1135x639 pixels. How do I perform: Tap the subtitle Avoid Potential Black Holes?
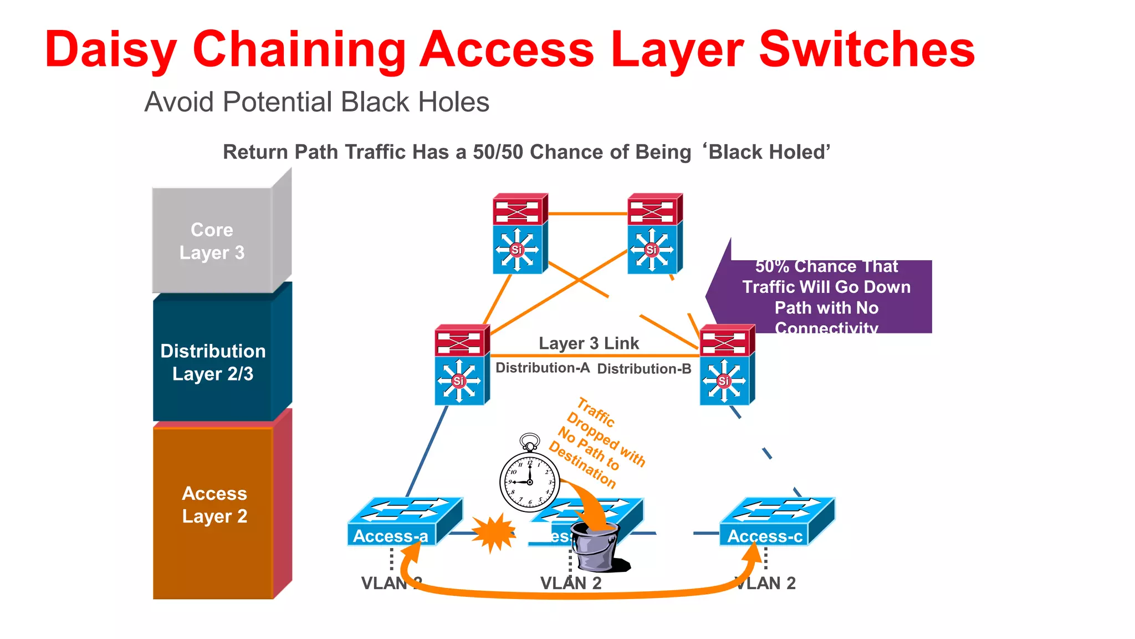(x=316, y=102)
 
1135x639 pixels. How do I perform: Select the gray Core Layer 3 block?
(x=213, y=241)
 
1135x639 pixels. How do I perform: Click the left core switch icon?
(x=520, y=234)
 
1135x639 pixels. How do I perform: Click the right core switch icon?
(x=655, y=234)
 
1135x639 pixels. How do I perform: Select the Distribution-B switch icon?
(x=727, y=364)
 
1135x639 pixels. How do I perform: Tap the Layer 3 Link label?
(x=589, y=343)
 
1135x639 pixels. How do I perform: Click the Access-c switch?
(x=776, y=521)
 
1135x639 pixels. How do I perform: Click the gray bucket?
(x=595, y=546)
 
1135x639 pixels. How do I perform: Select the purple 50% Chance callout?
(x=826, y=297)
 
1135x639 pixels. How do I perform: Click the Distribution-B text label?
(x=644, y=369)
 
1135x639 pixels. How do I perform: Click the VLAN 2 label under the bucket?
(x=571, y=583)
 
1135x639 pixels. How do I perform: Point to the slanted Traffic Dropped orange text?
(x=596, y=444)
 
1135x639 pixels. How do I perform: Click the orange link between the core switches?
(x=587, y=214)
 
